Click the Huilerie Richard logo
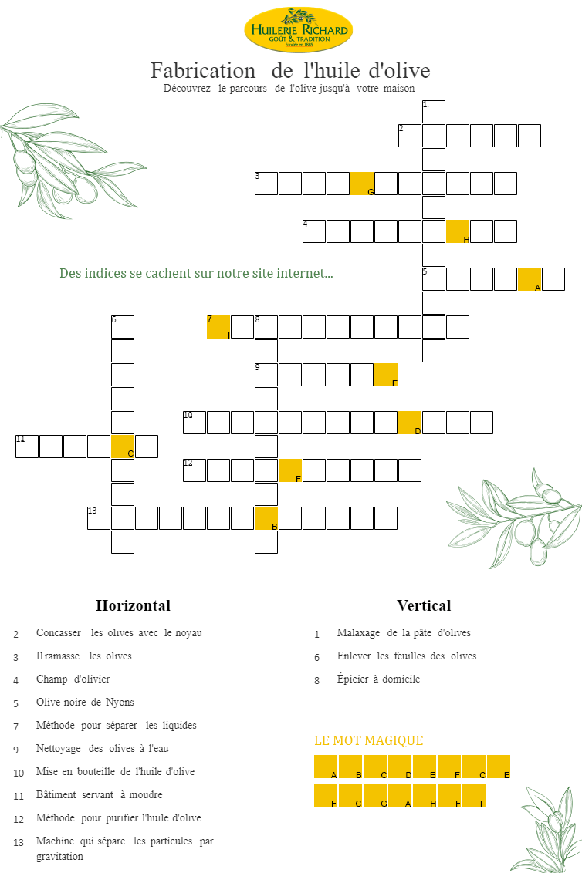click(x=298, y=30)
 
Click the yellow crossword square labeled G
click(x=362, y=184)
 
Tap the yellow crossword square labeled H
click(x=458, y=231)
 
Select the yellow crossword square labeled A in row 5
click(x=530, y=279)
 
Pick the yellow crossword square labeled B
click(x=266, y=518)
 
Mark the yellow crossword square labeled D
click(x=410, y=423)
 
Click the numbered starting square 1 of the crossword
click(x=434, y=112)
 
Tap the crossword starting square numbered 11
click(x=27, y=447)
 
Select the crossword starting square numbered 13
click(x=99, y=518)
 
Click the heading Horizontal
click(x=133, y=605)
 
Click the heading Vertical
click(x=424, y=605)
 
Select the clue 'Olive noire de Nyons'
click(x=85, y=703)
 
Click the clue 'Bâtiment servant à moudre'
click(x=99, y=794)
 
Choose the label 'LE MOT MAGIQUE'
click(x=368, y=740)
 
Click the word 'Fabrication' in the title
click(x=202, y=71)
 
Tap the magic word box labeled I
click(x=474, y=795)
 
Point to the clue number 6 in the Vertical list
click(x=316, y=658)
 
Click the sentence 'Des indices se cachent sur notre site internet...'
click(x=196, y=274)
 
